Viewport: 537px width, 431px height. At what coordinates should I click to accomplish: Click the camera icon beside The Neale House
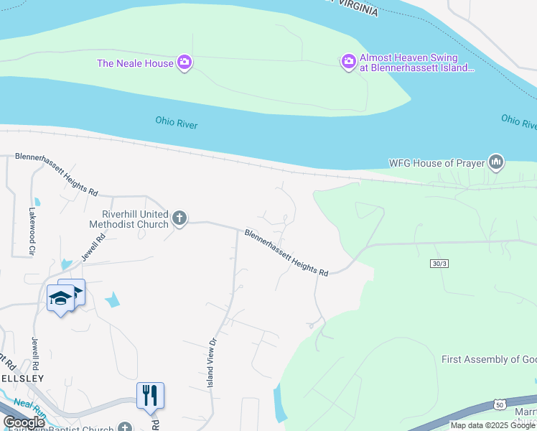(185, 63)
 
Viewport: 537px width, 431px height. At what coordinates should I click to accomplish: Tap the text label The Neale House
(135, 63)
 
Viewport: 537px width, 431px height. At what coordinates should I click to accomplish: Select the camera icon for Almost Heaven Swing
(349, 62)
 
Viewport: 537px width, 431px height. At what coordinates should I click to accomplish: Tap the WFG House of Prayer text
(436, 163)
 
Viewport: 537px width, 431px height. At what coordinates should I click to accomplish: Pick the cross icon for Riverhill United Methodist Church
(179, 218)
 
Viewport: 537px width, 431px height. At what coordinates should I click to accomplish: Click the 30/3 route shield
(440, 264)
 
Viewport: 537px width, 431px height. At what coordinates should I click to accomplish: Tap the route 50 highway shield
(499, 405)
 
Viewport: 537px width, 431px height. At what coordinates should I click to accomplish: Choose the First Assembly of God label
(489, 359)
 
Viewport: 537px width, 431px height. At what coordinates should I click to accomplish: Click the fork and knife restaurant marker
(150, 396)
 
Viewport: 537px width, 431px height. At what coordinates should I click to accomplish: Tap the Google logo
(24, 422)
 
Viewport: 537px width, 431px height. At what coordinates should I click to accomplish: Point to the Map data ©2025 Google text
(492, 425)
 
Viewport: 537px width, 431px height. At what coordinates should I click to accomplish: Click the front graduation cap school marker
(60, 298)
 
